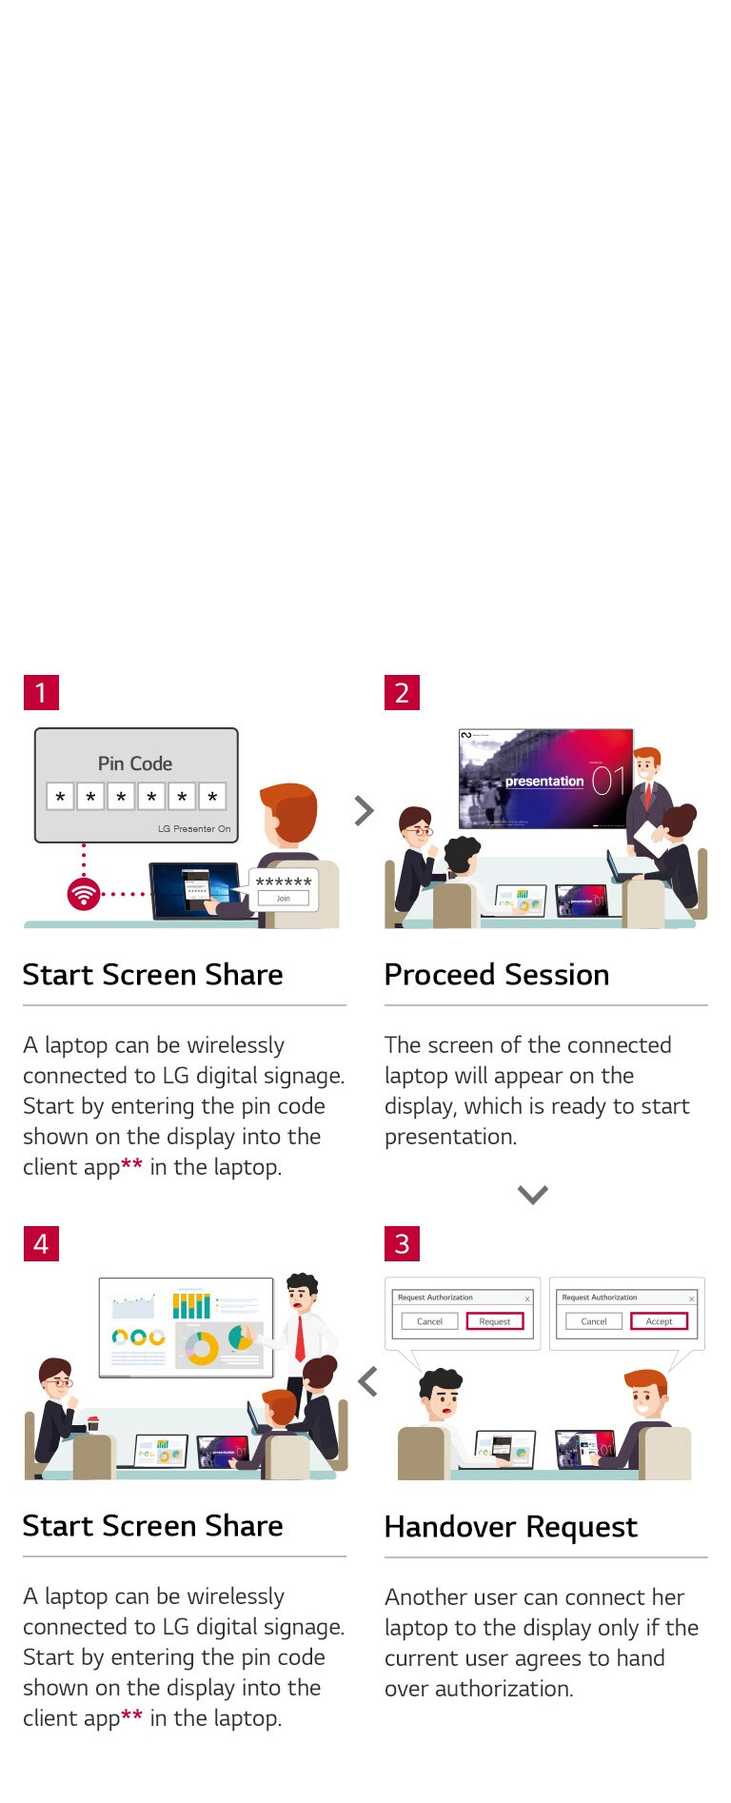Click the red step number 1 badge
(41, 692)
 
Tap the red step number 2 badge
(402, 692)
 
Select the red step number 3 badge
(402, 1243)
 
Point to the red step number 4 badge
(41, 1243)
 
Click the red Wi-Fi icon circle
(84, 894)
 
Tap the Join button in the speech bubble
(283, 898)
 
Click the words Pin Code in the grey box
(135, 763)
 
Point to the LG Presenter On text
(194, 828)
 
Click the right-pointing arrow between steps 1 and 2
(364, 810)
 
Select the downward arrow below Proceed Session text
(532, 1194)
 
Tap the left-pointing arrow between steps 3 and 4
(368, 1381)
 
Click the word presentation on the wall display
(543, 782)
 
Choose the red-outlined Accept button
(659, 1321)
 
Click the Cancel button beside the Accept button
(594, 1321)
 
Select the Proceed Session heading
(497, 975)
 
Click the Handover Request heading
(511, 1526)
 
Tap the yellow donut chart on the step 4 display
(202, 1348)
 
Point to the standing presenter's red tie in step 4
(301, 1337)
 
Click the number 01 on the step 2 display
(609, 781)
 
